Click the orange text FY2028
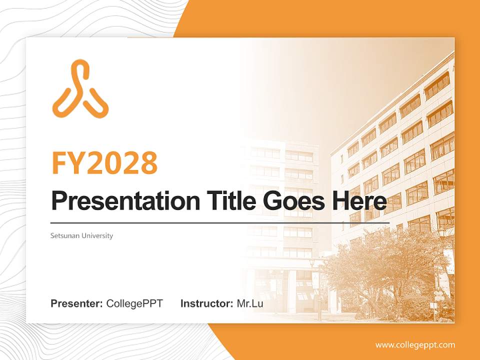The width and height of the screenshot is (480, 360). [104, 163]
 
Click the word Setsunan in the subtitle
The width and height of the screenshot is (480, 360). [63, 235]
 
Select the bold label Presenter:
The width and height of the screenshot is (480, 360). [77, 303]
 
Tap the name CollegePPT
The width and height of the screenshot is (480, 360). [134, 303]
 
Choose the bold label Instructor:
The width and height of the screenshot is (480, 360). [206, 303]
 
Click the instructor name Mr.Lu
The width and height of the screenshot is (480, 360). [250, 303]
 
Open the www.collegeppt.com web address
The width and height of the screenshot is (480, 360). [415, 345]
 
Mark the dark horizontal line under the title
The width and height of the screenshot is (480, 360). [220, 222]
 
